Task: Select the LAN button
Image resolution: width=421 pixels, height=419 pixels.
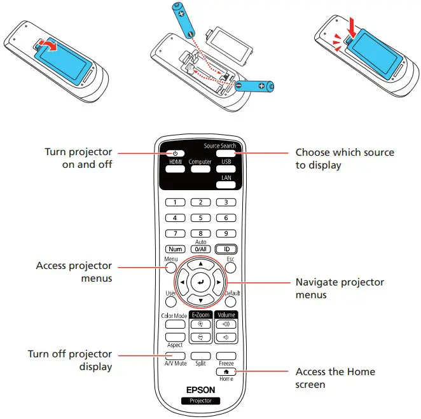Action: coord(225,185)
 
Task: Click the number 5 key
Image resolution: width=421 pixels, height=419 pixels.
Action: coord(200,217)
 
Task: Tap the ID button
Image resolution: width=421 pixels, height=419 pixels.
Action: coord(225,249)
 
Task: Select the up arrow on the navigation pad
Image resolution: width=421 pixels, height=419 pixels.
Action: coord(200,263)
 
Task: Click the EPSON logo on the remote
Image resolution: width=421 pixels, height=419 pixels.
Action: coord(200,390)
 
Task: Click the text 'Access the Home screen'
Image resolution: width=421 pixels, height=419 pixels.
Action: coord(335,377)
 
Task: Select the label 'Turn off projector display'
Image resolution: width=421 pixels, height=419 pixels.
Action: coord(70,360)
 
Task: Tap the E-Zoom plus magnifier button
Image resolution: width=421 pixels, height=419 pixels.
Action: coord(200,324)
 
